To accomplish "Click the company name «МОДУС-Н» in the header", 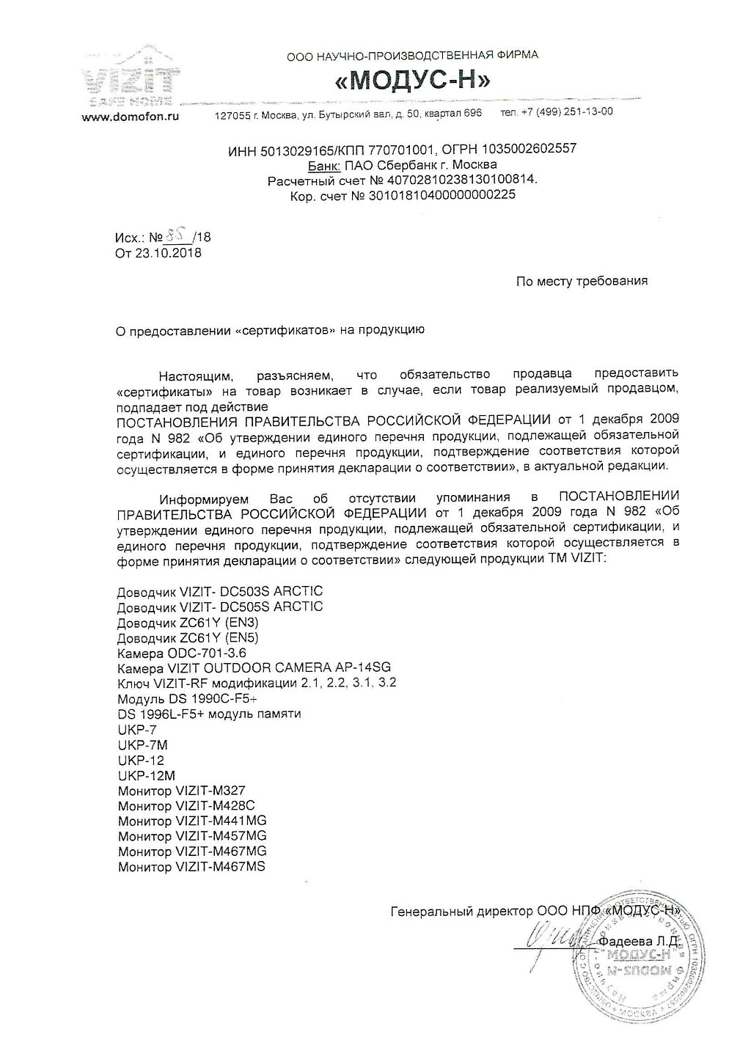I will point(413,80).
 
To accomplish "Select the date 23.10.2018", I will point(168,253).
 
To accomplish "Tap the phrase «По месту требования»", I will point(582,281).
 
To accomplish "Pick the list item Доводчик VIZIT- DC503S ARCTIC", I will point(220,591).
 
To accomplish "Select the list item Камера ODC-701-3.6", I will point(182,653).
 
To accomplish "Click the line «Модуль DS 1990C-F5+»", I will point(187,698).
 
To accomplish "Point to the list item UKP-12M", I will point(147,775).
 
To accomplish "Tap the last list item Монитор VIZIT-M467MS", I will point(191,867).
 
